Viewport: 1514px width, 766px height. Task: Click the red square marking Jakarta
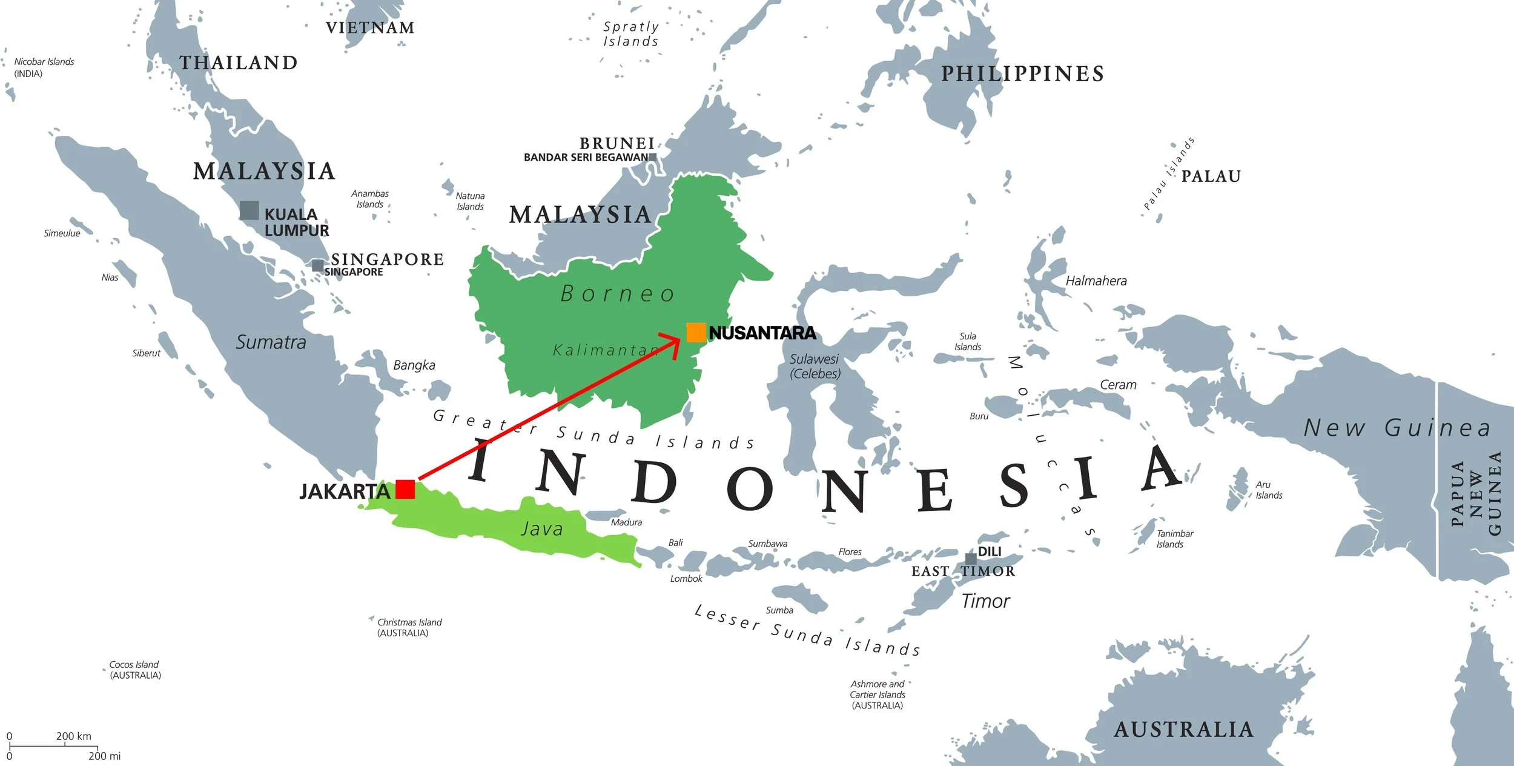pyautogui.click(x=405, y=489)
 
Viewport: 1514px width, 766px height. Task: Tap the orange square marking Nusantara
pyautogui.click(x=696, y=332)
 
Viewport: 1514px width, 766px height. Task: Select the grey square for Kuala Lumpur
pyautogui.click(x=250, y=210)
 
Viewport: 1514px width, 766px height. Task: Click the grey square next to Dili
pyautogui.click(x=970, y=558)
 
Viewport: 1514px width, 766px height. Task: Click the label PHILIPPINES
pyautogui.click(x=1022, y=74)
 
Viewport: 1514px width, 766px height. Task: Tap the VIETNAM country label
pyautogui.click(x=370, y=28)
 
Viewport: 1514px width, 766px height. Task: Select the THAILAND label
pyautogui.click(x=238, y=63)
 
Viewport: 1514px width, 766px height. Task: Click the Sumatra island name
pyautogui.click(x=271, y=342)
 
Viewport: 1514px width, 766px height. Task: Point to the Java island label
pyautogui.click(x=541, y=529)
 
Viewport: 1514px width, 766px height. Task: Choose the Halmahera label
pyautogui.click(x=1096, y=281)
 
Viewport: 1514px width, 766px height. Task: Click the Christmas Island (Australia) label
pyautogui.click(x=409, y=627)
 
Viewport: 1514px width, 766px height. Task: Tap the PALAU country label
pyautogui.click(x=1211, y=176)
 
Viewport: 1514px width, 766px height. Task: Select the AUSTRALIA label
pyautogui.click(x=1183, y=730)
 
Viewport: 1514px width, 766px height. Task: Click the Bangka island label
pyautogui.click(x=414, y=365)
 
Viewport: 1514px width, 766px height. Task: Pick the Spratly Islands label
pyautogui.click(x=630, y=34)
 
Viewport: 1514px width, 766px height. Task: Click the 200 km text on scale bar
pyautogui.click(x=74, y=736)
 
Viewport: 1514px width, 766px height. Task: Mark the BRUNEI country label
pyautogui.click(x=617, y=144)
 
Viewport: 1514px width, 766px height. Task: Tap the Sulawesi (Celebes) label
pyautogui.click(x=815, y=367)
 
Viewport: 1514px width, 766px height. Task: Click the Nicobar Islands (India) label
pyautogui.click(x=44, y=67)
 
